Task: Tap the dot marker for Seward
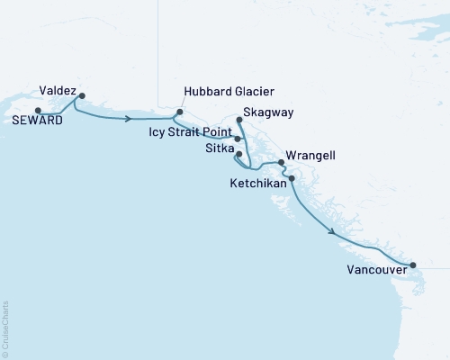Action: point(38,111)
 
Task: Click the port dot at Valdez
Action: point(82,95)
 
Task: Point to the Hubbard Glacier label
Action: point(228,93)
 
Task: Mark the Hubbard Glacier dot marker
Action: point(179,112)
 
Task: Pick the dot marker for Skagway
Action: point(238,119)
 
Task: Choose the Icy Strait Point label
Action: point(189,131)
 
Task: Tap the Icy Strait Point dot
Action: point(238,139)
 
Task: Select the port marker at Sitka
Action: point(238,154)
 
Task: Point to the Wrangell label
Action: point(310,156)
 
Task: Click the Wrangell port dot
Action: point(282,163)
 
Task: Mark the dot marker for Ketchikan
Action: point(291,178)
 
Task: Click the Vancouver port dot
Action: point(413,265)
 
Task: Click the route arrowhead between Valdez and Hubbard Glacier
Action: point(131,118)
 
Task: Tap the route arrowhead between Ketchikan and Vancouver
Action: point(336,233)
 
